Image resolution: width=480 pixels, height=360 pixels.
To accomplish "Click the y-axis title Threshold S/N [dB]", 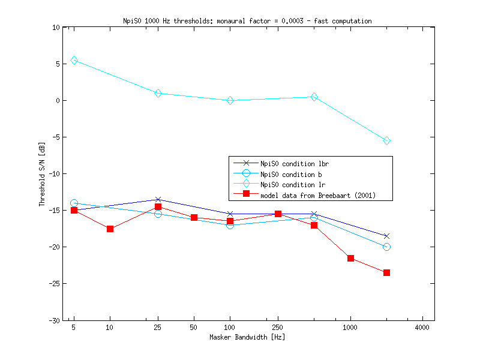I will pos(42,174).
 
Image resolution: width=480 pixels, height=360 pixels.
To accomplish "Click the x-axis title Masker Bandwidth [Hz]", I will pos(247,337).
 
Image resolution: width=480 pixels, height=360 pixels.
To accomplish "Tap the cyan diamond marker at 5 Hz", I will pos(74,61).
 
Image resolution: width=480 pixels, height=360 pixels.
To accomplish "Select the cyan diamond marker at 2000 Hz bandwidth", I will pos(386,141).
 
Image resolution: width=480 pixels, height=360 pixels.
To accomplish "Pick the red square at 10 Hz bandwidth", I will pos(110,229).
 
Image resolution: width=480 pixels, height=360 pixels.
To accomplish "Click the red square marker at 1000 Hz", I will pos(350,258).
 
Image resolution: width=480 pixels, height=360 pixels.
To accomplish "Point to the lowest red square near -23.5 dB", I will pos(386,272).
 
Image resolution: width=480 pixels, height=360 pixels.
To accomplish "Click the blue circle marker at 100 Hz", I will pos(230,225).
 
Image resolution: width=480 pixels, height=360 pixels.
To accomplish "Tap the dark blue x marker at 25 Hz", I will pos(158,199).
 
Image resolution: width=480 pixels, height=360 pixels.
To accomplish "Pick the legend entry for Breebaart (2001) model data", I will pos(318,195).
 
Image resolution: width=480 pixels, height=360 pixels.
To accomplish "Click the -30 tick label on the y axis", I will pos(53,320).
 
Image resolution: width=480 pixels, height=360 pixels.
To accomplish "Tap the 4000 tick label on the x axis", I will pos(422,328).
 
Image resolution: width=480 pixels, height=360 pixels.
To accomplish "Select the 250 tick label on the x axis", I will pos(278,328).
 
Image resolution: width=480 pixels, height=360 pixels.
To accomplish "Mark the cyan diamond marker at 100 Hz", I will pos(230,101).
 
